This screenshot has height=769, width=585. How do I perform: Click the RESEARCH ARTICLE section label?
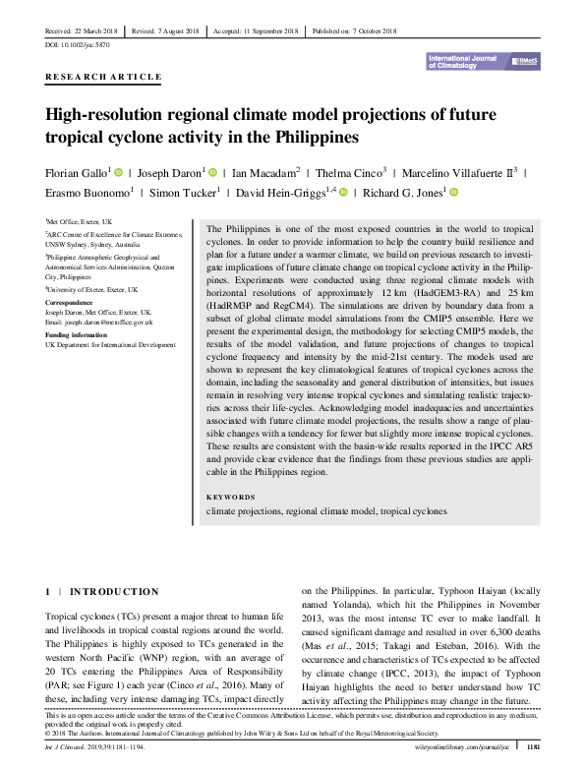pos(103,77)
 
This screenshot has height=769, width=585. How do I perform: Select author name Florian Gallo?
pos(78,171)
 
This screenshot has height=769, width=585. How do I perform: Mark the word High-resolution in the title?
pos(109,113)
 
